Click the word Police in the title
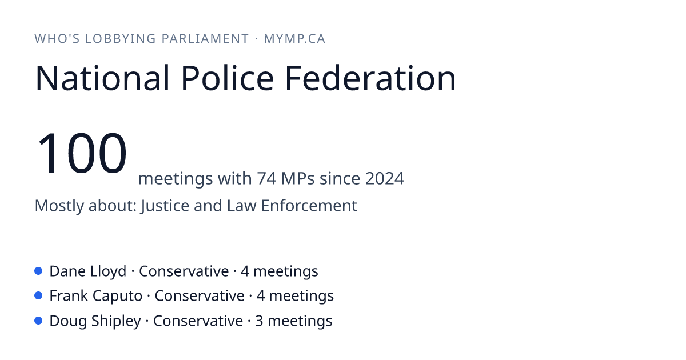point(228,78)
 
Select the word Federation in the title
point(370,78)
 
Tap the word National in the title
point(102,78)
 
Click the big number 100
point(81,153)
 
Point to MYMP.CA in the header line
point(294,39)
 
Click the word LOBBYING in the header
point(121,39)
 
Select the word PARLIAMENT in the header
point(205,39)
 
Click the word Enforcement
point(309,205)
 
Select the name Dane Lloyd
point(88,271)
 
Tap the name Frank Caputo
point(96,296)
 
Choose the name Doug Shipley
point(95,321)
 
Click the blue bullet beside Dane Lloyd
point(38,271)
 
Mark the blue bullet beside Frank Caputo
point(38,296)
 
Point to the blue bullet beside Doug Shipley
point(38,321)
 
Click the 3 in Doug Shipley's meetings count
point(259,321)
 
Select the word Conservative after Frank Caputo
point(200,296)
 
